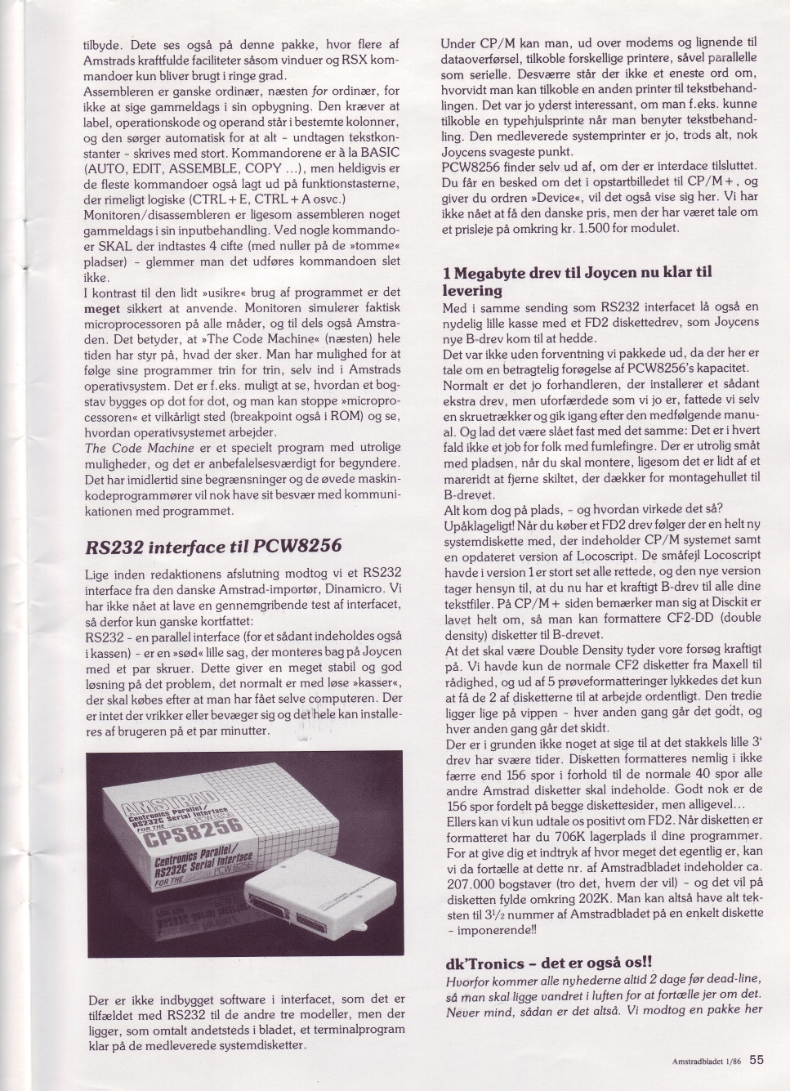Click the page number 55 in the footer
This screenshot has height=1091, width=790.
[x=757, y=1059]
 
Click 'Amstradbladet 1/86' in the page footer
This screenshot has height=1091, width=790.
[x=705, y=1061]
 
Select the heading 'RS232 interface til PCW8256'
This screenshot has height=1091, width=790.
[x=212, y=546]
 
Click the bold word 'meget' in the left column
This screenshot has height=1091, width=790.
[x=101, y=311]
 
